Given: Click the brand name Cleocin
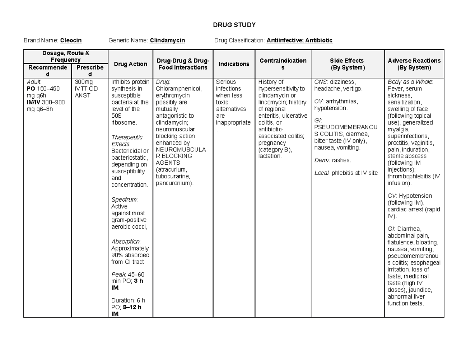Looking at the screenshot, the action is (71, 40).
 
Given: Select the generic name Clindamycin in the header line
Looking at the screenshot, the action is (167, 40).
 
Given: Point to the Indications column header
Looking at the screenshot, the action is (233, 64).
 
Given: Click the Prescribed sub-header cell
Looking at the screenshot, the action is (90, 71).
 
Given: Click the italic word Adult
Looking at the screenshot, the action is (33, 82).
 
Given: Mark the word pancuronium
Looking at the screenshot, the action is (174, 183).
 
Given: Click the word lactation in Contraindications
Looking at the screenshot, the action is (269, 156).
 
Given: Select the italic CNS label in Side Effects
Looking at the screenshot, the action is (320, 82).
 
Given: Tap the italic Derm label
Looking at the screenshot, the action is (321, 160).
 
